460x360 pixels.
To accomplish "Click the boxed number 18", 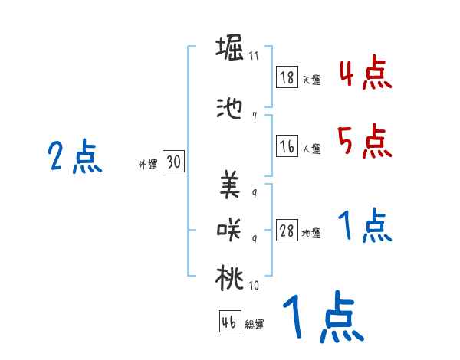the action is [287, 77].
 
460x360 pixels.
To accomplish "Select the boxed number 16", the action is [287, 146].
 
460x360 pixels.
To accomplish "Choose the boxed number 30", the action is [173, 162].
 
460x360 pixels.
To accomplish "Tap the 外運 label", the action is [148, 165].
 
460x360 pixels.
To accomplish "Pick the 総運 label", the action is [255, 325].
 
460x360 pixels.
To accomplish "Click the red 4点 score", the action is [366, 74].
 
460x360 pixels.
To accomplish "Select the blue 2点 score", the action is [75, 158].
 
